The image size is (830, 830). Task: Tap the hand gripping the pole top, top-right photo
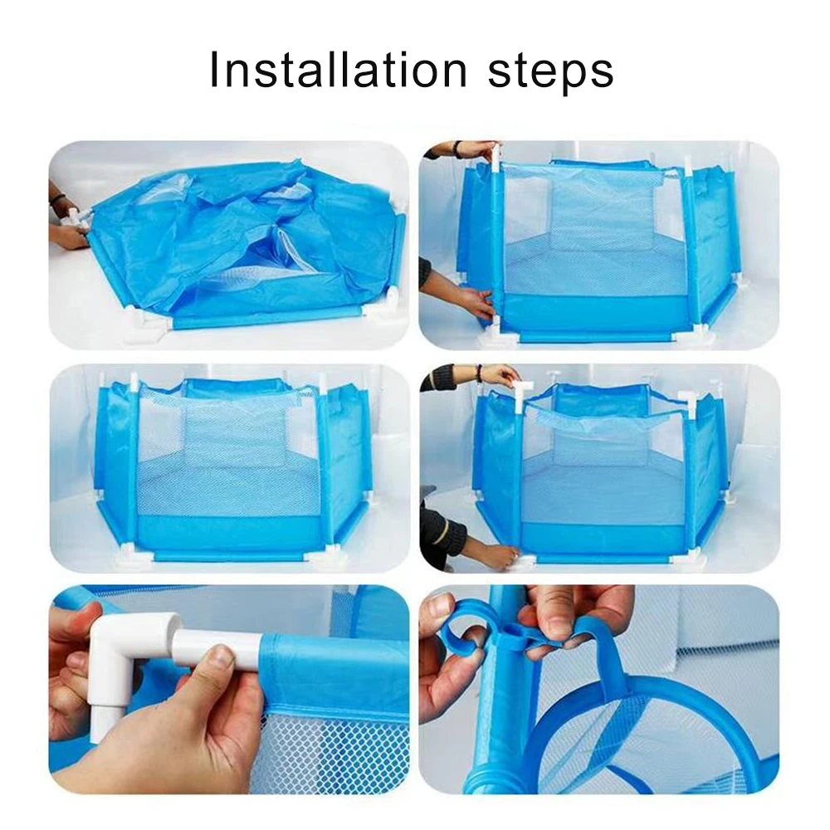(x=476, y=150)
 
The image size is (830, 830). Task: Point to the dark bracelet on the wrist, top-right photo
(x=456, y=150)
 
